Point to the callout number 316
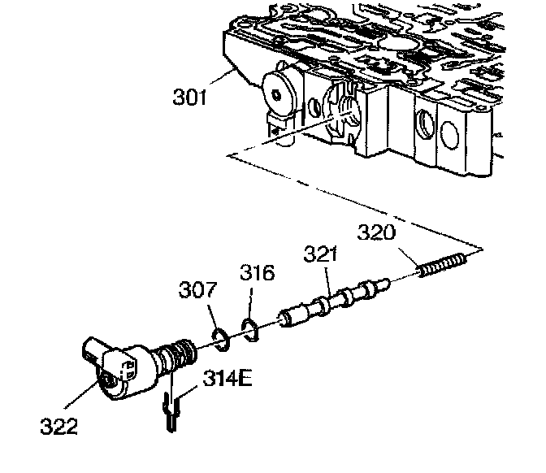coord(258,273)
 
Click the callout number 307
coord(198,289)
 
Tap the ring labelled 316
coord(250,328)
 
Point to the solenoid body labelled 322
coord(126,370)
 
